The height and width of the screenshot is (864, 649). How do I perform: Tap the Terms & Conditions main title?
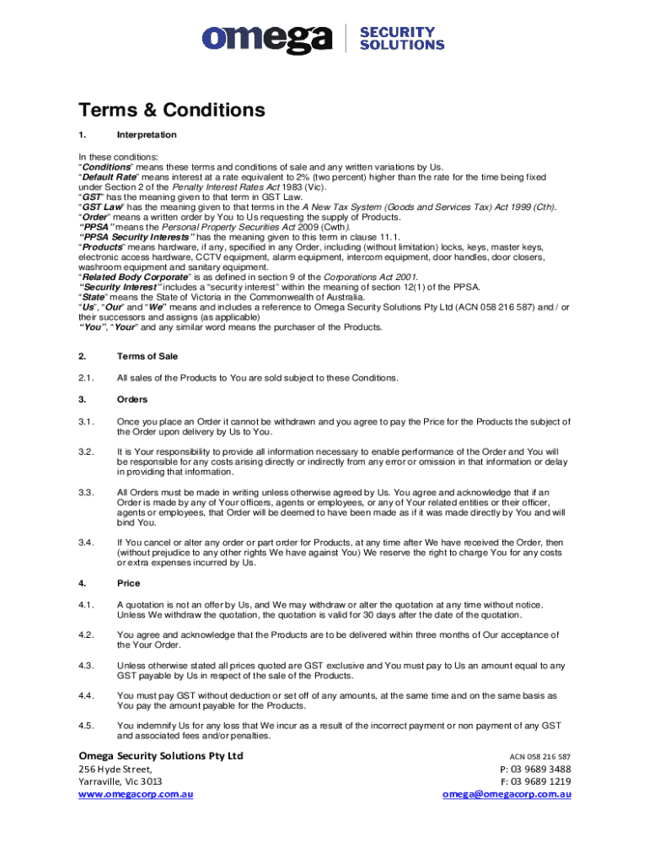[x=171, y=111]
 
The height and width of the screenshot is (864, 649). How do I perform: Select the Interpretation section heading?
[x=147, y=135]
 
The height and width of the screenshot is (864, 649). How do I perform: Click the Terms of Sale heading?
[x=147, y=356]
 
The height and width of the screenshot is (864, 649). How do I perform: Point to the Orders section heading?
[x=132, y=399]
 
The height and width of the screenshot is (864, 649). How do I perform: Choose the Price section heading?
[x=129, y=583]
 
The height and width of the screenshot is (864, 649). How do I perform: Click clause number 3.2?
[x=85, y=452]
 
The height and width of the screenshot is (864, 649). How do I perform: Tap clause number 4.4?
[x=85, y=695]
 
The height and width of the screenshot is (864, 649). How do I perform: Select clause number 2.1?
[x=85, y=377]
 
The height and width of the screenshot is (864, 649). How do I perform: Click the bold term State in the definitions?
[x=94, y=297]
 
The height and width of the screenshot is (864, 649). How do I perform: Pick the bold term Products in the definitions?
[x=105, y=247]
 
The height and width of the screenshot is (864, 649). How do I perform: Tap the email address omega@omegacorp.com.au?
[x=507, y=794]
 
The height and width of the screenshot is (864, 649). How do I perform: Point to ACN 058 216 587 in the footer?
[x=540, y=757]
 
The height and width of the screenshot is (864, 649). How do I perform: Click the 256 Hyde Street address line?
[x=115, y=769]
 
